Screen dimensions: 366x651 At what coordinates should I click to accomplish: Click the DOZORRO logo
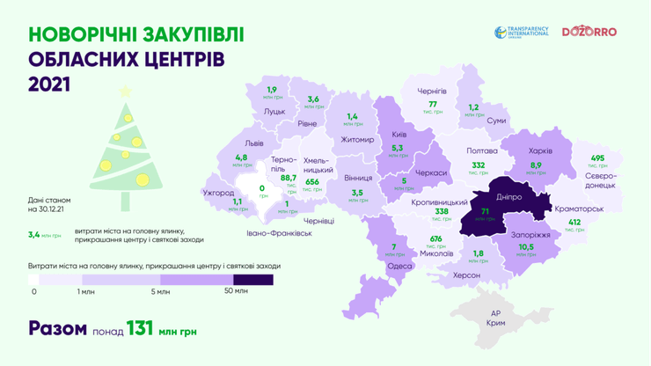pyautogui.click(x=589, y=32)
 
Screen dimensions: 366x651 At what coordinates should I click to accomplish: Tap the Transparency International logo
pyautogui.click(x=522, y=32)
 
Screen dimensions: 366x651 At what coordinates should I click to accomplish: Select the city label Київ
pyautogui.click(x=399, y=135)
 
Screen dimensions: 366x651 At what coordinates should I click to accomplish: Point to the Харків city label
pyautogui.click(x=540, y=150)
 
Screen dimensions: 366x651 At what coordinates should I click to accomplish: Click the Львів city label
pyautogui.click(x=253, y=143)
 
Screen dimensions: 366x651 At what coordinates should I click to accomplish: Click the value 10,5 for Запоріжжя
pyautogui.click(x=526, y=247)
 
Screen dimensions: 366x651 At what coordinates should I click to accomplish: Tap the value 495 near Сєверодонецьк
pyautogui.click(x=597, y=157)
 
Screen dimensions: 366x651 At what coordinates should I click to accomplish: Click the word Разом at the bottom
pyautogui.click(x=57, y=328)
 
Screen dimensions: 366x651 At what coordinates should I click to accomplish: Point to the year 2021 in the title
pyautogui.click(x=49, y=84)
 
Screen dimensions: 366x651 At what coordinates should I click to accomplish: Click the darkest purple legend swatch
pyautogui.click(x=252, y=280)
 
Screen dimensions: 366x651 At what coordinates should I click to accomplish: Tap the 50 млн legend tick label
pyautogui.click(x=235, y=291)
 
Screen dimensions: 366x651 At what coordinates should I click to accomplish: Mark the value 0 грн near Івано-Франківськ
pyautogui.click(x=260, y=188)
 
